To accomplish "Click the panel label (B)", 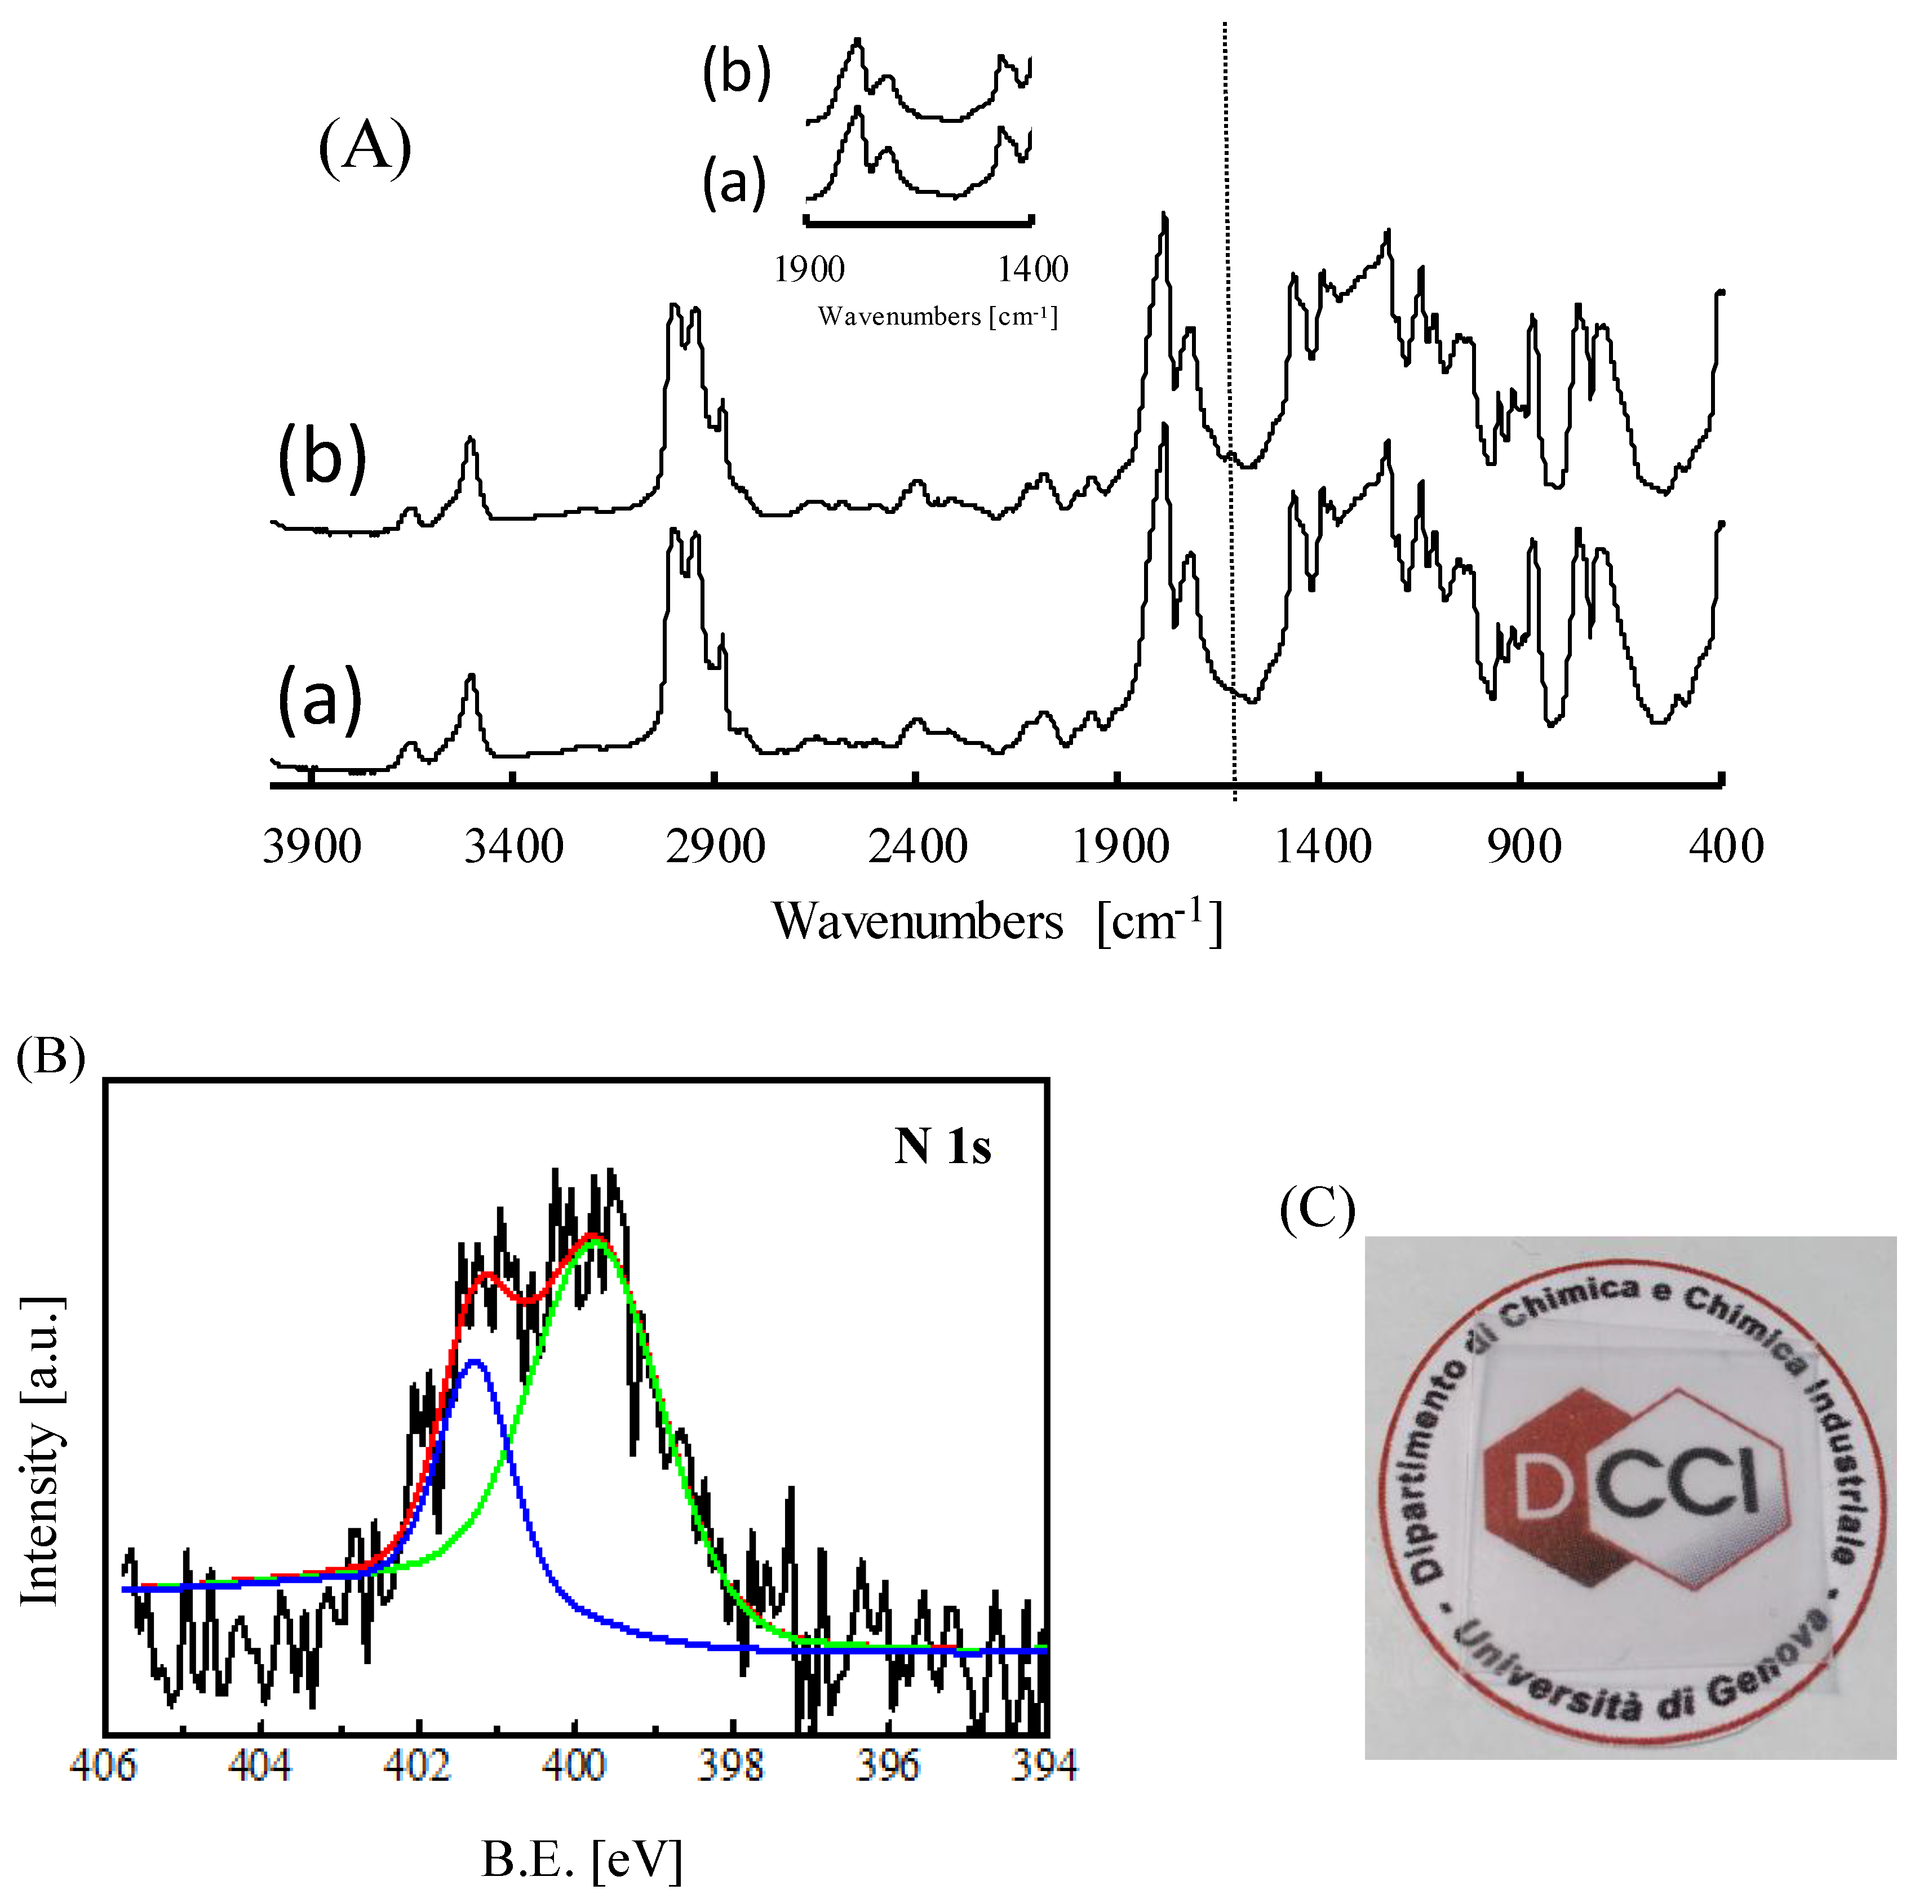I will [51, 1056].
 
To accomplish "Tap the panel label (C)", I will [1317, 1210].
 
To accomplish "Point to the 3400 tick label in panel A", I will [514, 847].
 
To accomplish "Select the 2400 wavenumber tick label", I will [917, 847].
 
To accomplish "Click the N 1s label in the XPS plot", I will [942, 1147].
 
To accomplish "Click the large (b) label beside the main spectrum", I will [321, 461].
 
